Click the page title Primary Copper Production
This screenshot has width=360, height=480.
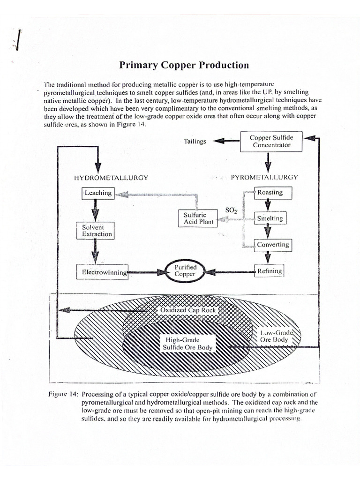pyautogui.click(x=183, y=65)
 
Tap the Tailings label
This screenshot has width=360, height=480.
pyautogui.click(x=195, y=141)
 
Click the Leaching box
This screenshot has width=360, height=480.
pyautogui.click(x=98, y=193)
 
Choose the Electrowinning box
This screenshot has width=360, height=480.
pyautogui.click(x=102, y=271)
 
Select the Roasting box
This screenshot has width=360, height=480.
pyautogui.click(x=269, y=192)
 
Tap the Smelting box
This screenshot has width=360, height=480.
pyautogui.click(x=269, y=218)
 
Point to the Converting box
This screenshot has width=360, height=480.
pyautogui.click(x=272, y=245)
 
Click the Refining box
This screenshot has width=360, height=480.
pyautogui.click(x=269, y=271)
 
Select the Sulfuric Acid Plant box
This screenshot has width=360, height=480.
pyautogui.click(x=198, y=218)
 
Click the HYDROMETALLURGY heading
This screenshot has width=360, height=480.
pyautogui.click(x=111, y=178)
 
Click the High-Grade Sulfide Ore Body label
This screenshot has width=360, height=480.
pyautogui.click(x=186, y=343)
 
